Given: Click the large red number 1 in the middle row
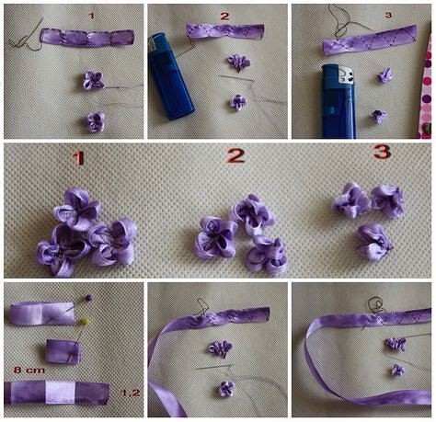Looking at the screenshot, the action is tap(78, 158).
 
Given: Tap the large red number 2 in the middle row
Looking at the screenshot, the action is tap(235, 155).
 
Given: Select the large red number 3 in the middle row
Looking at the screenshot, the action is tap(382, 152).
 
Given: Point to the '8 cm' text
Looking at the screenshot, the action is tap(29, 370).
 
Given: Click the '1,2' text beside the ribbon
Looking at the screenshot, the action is tap(131, 393).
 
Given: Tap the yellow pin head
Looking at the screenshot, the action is tap(86, 321).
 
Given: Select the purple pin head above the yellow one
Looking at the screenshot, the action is tap(89, 297).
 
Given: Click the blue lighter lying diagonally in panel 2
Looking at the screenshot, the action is tap(169, 76).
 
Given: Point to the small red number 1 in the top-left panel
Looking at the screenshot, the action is tap(91, 16).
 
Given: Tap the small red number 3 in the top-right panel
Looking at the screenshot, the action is tap(388, 15).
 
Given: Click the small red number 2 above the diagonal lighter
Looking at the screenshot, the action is tap(224, 16).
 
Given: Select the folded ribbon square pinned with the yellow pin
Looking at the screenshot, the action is tap(63, 352).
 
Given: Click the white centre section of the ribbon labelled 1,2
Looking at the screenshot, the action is tap(60, 393).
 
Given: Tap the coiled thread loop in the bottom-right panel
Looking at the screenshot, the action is tap(375, 304).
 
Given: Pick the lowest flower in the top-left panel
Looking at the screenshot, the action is tap(96, 122).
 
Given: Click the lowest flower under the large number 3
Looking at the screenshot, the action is tap(374, 241).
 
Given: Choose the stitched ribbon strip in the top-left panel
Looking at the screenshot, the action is tap(87, 38).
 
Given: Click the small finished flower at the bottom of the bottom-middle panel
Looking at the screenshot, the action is tap(226, 388).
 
